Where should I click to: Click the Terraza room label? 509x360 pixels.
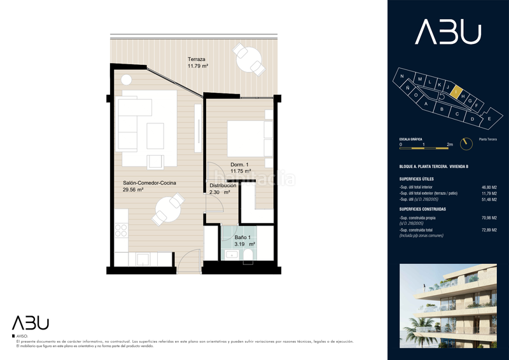[197, 59]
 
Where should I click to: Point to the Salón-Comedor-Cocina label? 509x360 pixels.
[150, 183]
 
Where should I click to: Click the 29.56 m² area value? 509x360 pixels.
[133, 190]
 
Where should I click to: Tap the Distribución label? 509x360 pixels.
[223, 186]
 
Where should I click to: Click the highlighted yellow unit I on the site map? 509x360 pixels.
[456, 92]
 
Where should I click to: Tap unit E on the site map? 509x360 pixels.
[489, 119]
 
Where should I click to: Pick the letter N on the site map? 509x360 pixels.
[402, 76]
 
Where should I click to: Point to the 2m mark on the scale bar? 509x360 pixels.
[449, 145]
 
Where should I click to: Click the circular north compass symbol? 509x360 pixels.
[468, 144]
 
